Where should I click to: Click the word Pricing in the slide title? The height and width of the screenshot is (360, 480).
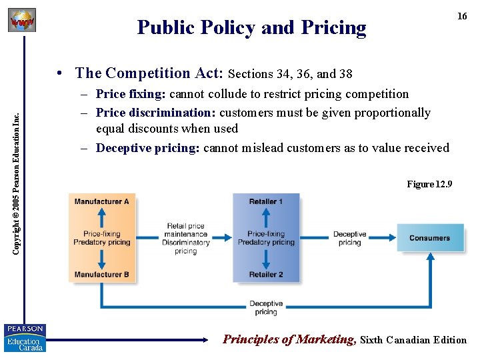point(333,28)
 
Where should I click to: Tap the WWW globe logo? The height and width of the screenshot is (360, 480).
point(22,21)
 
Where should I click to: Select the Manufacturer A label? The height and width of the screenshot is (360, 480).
point(102,202)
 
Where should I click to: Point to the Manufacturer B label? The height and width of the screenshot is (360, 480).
point(102,275)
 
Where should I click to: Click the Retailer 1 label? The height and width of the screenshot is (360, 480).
point(266,202)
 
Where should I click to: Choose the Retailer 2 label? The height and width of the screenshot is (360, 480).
point(266,275)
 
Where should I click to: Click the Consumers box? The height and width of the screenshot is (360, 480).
point(430,238)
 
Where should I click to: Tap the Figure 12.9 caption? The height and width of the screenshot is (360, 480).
point(429,184)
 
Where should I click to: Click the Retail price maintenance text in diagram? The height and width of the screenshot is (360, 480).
point(186,230)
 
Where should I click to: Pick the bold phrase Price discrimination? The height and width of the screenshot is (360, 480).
point(156,113)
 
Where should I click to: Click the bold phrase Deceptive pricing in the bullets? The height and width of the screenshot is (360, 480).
point(147,148)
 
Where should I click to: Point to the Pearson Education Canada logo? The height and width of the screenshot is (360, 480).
point(25,338)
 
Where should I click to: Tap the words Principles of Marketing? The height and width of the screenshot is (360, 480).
point(289,339)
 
